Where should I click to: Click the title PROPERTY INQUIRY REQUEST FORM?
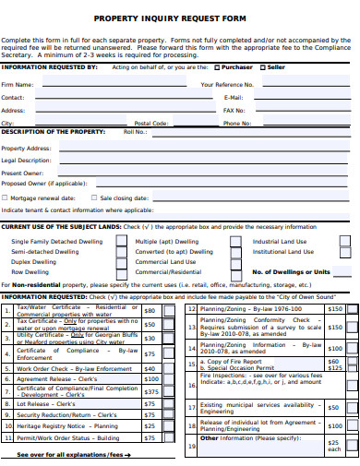[180, 18]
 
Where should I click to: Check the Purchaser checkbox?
[217, 67]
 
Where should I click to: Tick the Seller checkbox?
[264, 67]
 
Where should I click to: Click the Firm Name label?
[18, 84]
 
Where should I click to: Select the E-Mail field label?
[233, 97]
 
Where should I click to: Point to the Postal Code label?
[150, 123]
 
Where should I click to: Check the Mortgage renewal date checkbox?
[6, 197]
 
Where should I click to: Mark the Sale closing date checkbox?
[93, 197]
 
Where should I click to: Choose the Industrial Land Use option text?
[280, 241]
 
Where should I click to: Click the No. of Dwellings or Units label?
[291, 272]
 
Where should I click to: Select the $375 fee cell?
[150, 391]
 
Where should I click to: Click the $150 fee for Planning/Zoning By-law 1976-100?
[334, 309]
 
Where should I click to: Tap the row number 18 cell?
[191, 425]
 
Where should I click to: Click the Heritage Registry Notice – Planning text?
[66, 427]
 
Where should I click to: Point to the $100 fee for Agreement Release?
[150, 378]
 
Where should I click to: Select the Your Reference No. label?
[226, 84]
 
